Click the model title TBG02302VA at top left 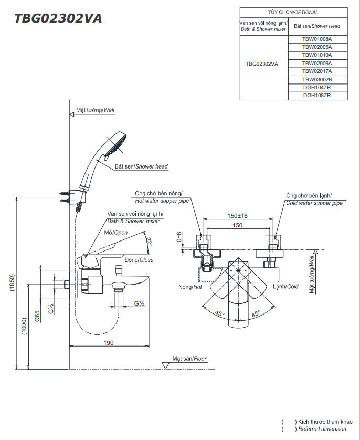click(58, 19)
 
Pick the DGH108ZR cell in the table click(317, 95)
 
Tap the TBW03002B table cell click(317, 79)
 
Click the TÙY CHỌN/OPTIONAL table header click(293, 12)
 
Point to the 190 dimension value click(108, 342)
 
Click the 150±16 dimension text click(237, 216)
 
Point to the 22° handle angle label click(150, 242)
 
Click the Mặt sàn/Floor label click(189, 359)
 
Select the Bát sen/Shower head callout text click(141, 166)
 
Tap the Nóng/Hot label click(190, 287)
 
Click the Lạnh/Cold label click(285, 287)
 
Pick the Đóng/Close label click(139, 260)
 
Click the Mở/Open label click(116, 232)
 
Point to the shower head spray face click(117, 145)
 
